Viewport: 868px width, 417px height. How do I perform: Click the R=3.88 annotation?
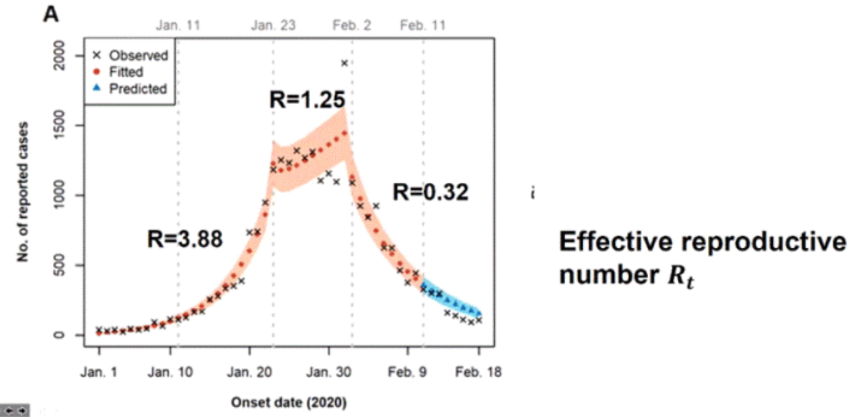184,239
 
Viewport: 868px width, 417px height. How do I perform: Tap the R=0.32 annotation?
430,192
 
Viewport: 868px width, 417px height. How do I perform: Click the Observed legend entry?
138,55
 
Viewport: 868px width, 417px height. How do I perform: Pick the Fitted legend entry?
126,72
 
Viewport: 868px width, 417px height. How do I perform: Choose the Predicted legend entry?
138,88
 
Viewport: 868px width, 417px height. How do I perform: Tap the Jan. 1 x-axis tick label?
98,373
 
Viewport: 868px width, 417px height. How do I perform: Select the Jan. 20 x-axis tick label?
249,373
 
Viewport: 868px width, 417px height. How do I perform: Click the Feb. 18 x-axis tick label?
478,373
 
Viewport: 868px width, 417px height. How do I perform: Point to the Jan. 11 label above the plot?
178,26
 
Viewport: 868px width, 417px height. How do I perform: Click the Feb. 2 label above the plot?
352,26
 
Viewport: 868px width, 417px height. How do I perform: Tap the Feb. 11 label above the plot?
423,26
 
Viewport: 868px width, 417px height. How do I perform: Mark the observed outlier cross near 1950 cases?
344,63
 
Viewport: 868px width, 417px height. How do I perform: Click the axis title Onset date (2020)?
289,404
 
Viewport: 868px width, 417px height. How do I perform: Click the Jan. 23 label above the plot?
273,26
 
